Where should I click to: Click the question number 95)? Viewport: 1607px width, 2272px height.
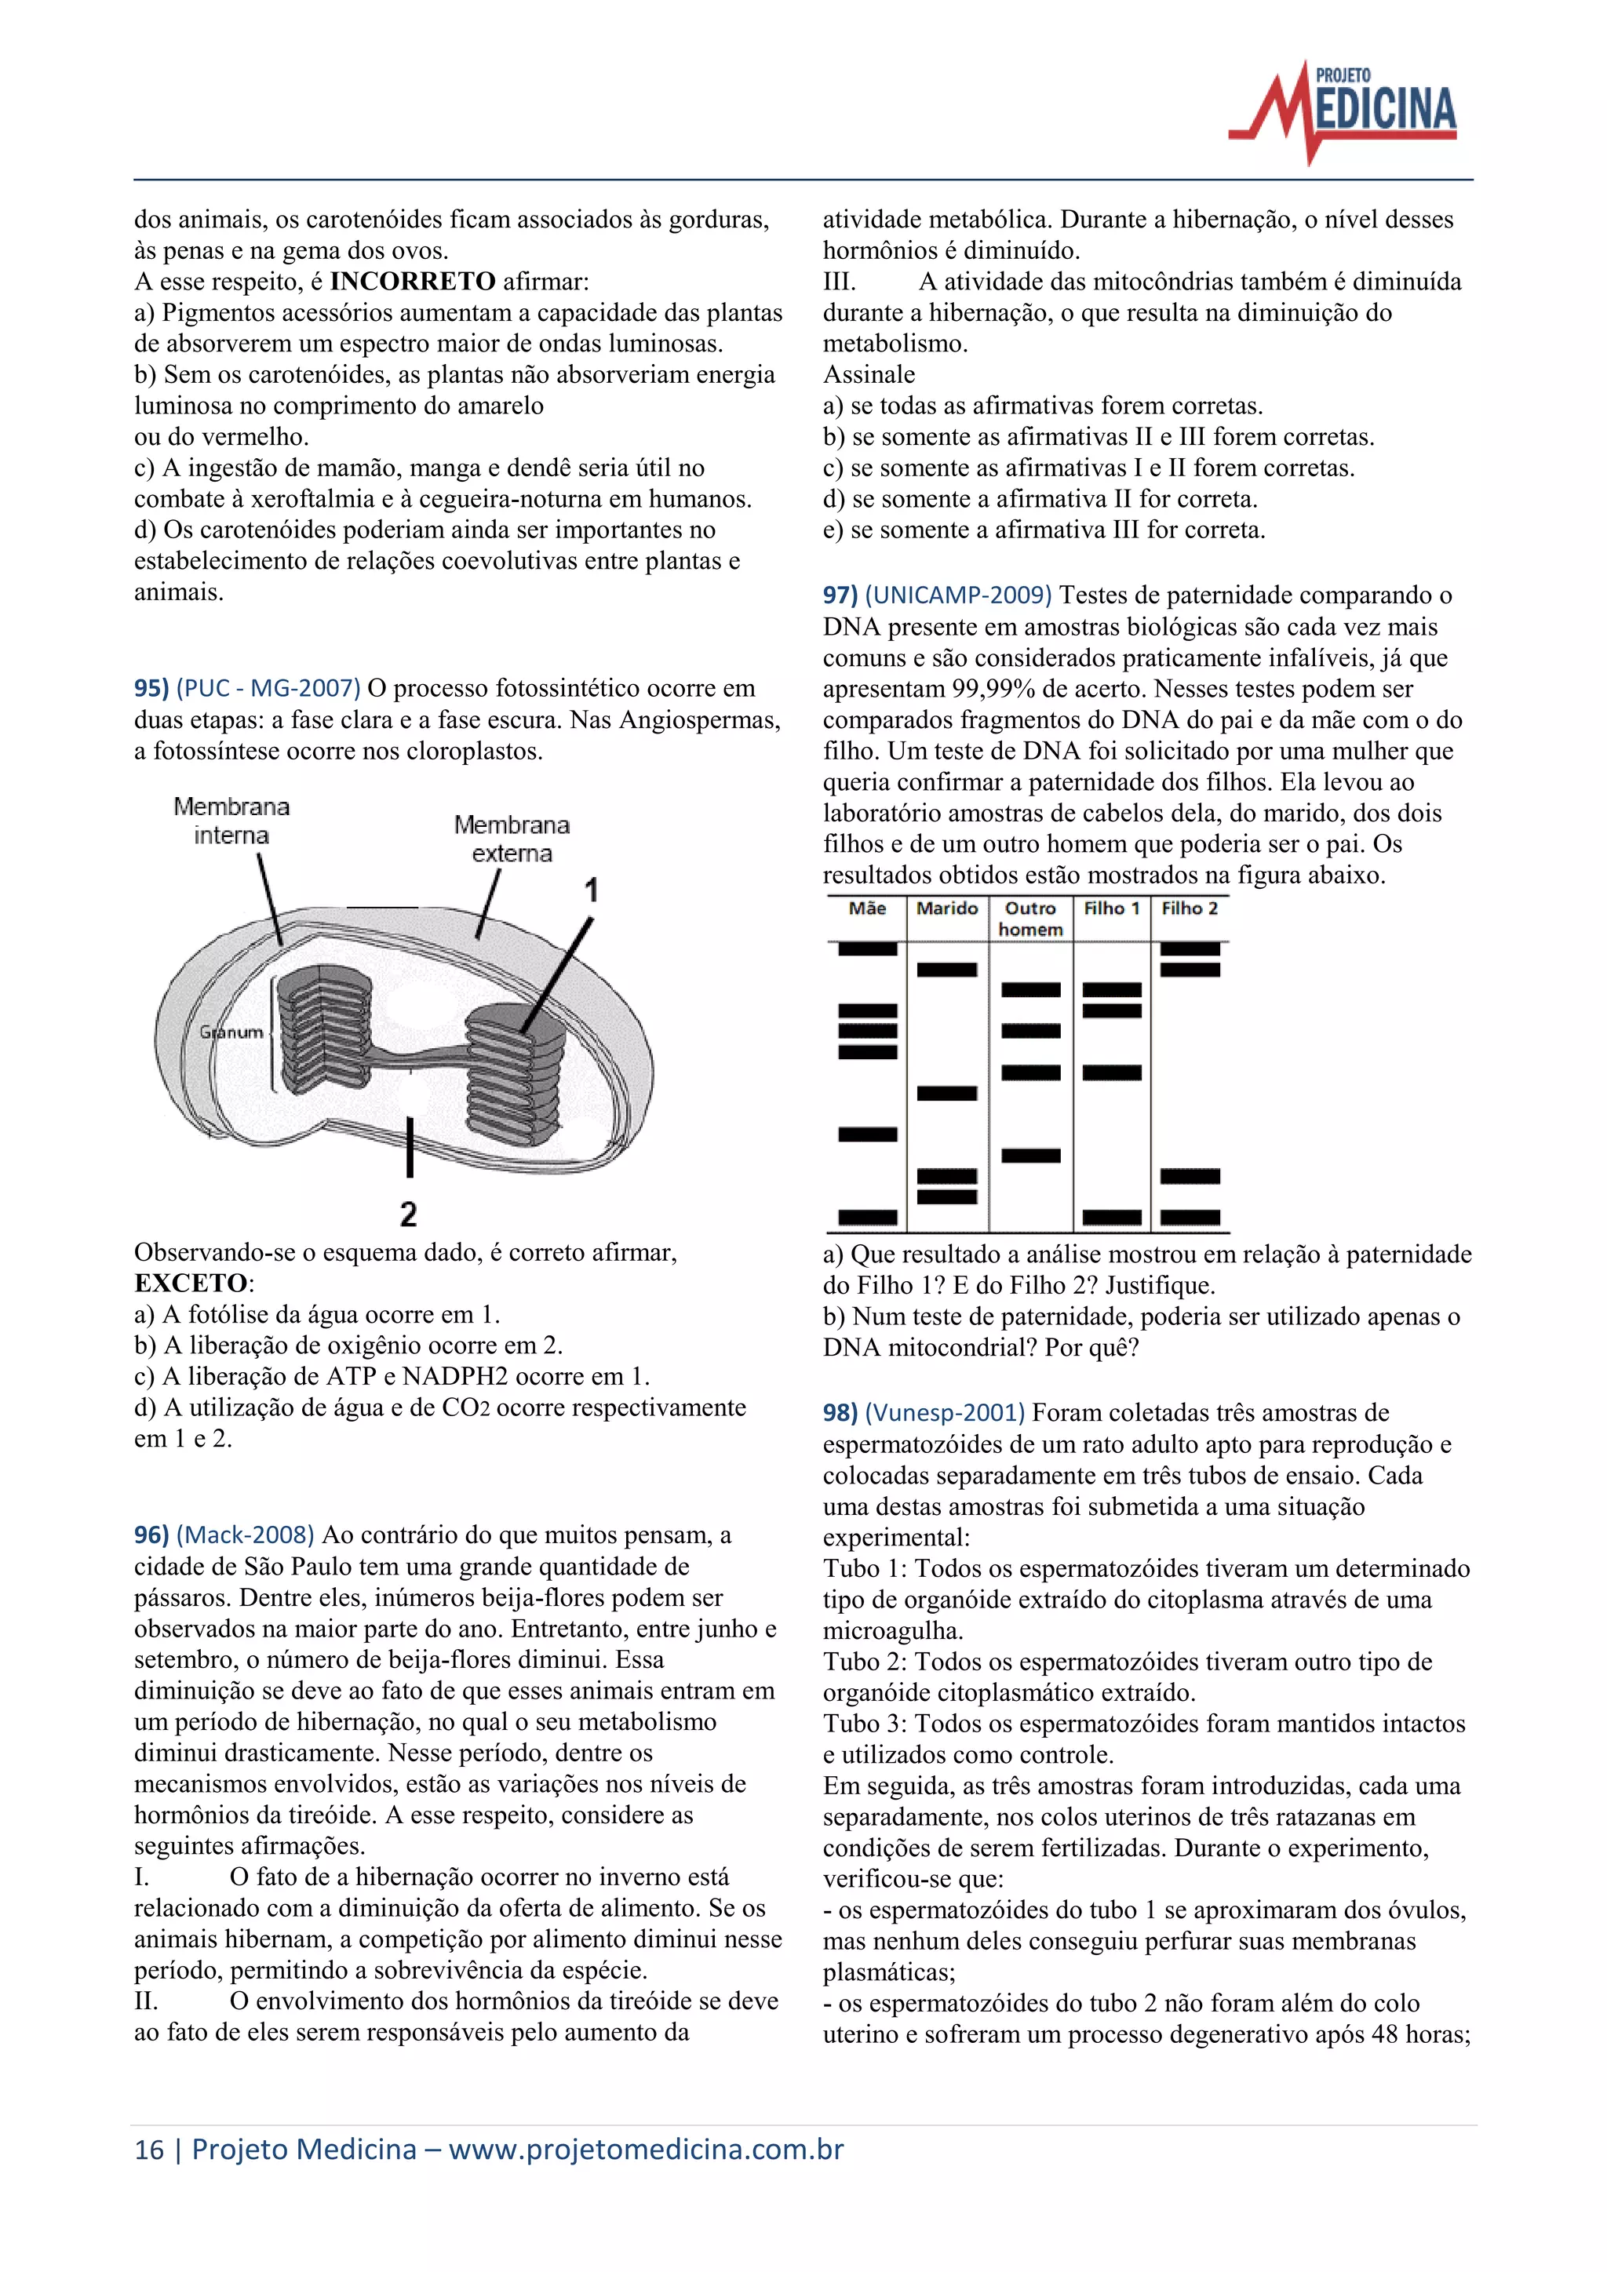(151, 688)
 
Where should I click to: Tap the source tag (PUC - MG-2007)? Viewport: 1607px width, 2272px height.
(268, 688)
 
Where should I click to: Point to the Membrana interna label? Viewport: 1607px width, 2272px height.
(231, 821)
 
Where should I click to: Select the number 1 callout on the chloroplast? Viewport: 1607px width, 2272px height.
(591, 890)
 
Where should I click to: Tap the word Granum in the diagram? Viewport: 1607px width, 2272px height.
(232, 1032)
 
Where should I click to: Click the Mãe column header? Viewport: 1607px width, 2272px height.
(867, 908)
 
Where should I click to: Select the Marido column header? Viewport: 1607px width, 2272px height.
(947, 908)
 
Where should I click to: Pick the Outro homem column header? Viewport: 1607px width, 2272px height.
(1030, 919)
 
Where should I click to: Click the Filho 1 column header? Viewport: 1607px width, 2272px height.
(1111, 908)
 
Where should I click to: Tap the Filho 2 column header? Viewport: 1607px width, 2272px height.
(1190, 908)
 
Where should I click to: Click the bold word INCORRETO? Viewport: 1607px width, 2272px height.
(412, 281)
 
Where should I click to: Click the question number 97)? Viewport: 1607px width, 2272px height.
(840, 595)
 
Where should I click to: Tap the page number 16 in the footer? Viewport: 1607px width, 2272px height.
(148, 2150)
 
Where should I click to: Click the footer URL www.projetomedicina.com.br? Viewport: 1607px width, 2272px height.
(645, 2150)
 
